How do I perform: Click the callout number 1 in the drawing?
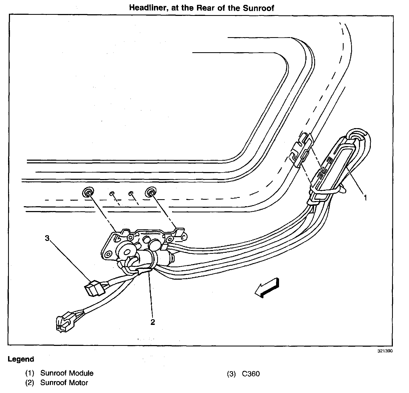tap(365, 198)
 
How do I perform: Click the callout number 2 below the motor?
tap(153, 322)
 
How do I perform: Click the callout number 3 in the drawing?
tap(47, 238)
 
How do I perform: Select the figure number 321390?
tap(387, 351)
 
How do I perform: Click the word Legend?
tap(21, 359)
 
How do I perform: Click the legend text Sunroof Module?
tap(67, 373)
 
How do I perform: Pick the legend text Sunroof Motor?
tap(64, 383)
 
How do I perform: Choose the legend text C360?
tap(251, 374)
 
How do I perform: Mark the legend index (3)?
tap(231, 374)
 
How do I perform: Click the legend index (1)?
tap(30, 373)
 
